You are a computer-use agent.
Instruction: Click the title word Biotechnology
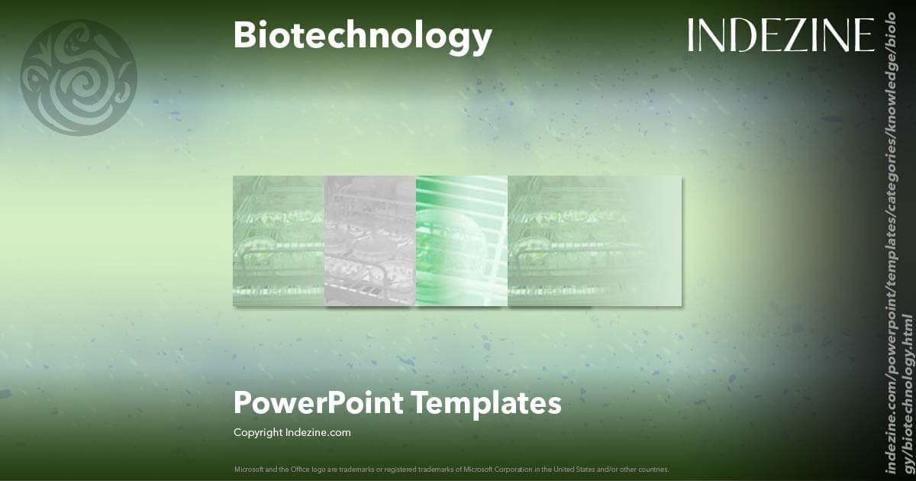(363, 36)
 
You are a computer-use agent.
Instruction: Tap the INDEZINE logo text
(780, 35)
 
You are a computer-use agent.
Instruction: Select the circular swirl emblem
(79, 78)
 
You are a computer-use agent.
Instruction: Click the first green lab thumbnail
(279, 240)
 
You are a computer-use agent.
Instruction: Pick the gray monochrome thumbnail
(370, 240)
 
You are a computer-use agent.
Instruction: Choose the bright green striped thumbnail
(462, 240)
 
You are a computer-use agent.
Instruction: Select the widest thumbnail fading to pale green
(595, 240)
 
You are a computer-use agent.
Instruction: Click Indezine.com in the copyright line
(318, 433)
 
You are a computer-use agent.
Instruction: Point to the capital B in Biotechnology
(244, 36)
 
